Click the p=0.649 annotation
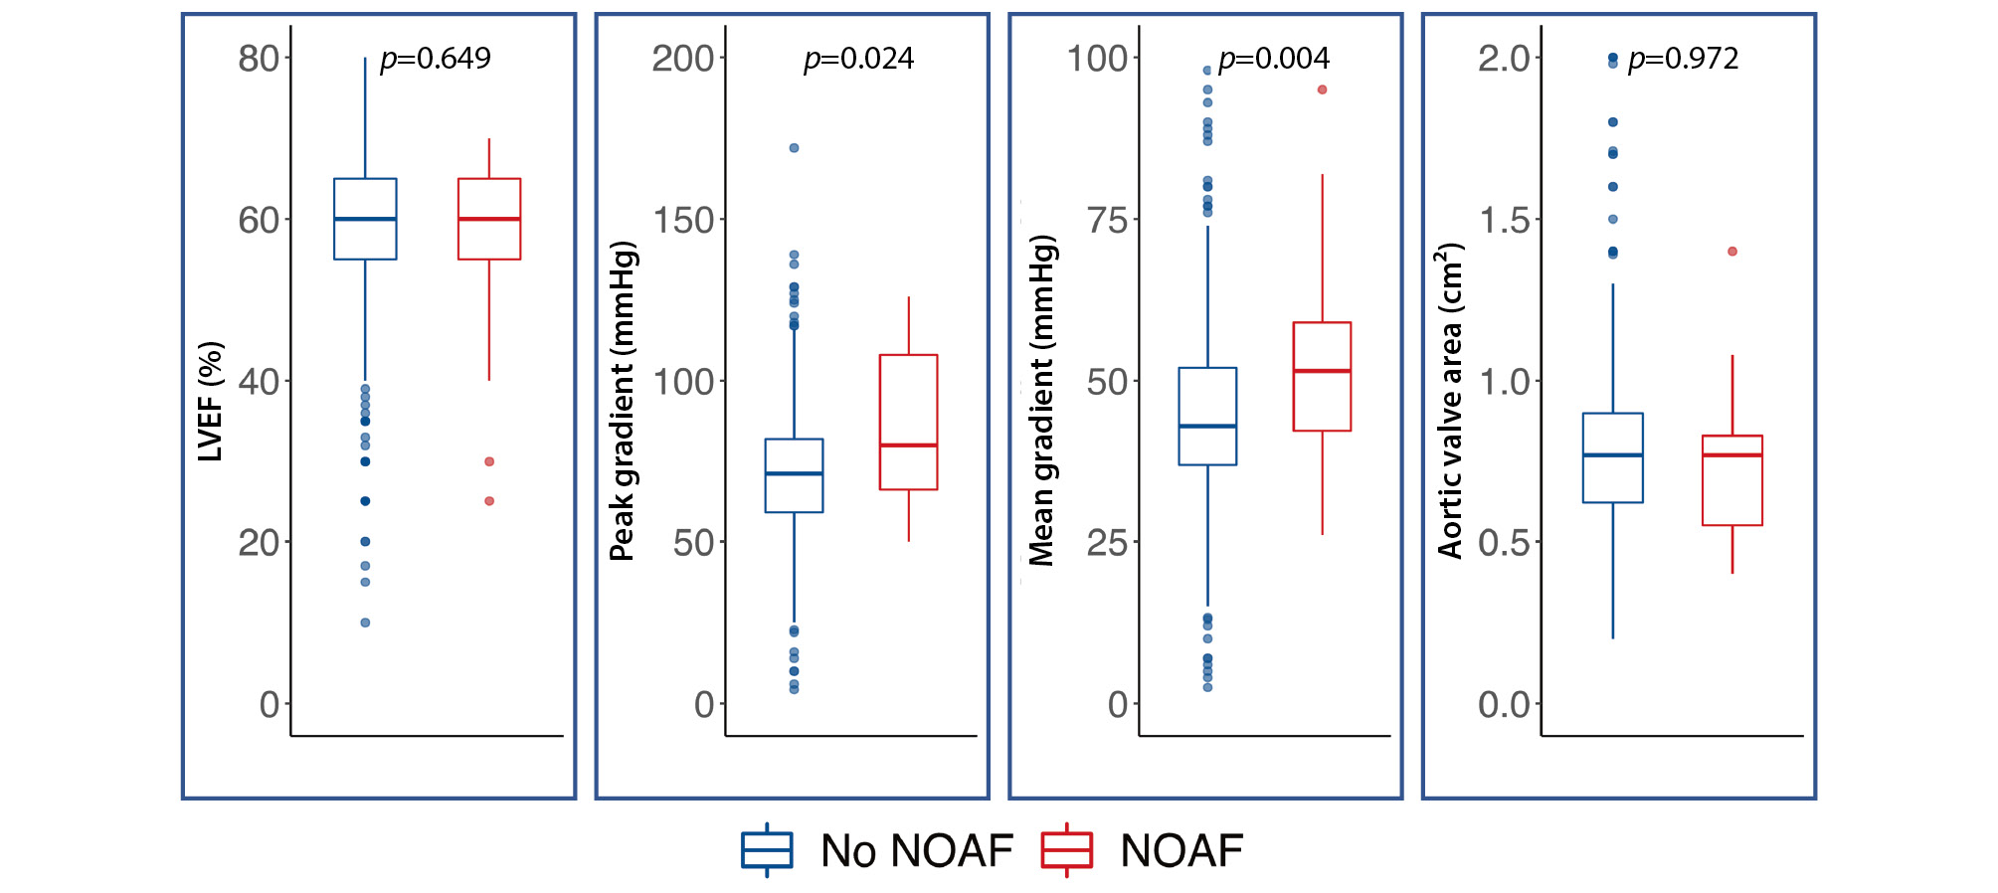click(436, 59)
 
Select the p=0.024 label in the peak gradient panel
click(858, 59)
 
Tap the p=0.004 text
click(1273, 59)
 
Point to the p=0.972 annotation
click(1683, 59)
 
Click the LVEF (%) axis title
click(211, 402)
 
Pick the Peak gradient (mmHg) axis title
click(623, 401)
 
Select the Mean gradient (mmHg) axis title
click(1041, 401)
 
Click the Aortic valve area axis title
click(1451, 401)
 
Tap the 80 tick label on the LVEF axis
click(259, 59)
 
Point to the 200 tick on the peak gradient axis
click(683, 59)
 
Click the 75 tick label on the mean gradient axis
click(1108, 220)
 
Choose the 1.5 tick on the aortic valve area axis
click(1504, 220)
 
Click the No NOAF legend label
click(916, 851)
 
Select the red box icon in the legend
click(1066, 850)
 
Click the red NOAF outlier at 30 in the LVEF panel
click(489, 461)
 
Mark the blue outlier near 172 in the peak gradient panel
click(794, 148)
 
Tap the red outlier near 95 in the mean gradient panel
click(1323, 89)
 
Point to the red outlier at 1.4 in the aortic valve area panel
click(1732, 252)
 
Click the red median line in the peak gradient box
click(908, 445)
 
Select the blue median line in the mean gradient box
click(1207, 426)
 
